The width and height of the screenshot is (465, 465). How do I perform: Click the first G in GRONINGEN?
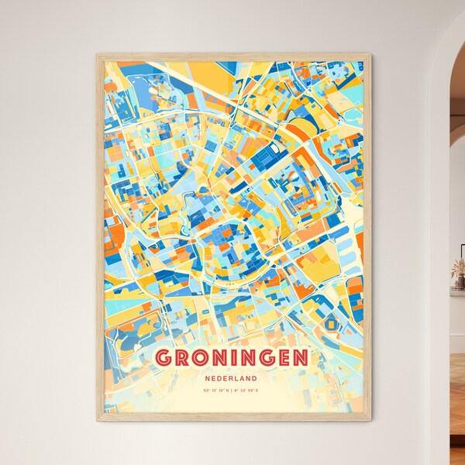(x=165, y=358)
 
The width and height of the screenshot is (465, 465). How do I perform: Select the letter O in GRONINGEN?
(x=203, y=358)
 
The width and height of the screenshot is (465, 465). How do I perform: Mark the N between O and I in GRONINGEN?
(x=223, y=358)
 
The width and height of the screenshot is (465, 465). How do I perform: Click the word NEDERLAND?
(x=232, y=377)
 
